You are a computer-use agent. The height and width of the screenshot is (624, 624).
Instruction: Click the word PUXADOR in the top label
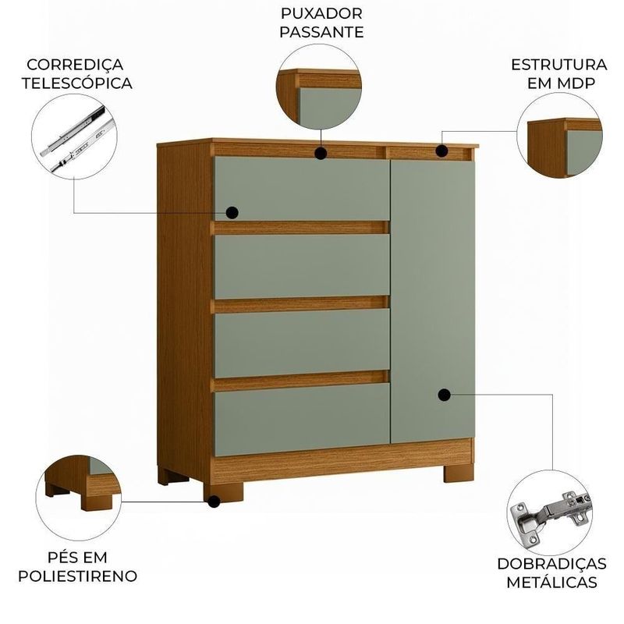[x=321, y=13]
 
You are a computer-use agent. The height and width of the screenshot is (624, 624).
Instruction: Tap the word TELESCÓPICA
[x=76, y=83]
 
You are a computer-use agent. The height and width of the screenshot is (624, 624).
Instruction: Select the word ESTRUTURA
[x=558, y=65]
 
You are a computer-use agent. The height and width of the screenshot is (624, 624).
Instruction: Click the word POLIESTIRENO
[x=77, y=576]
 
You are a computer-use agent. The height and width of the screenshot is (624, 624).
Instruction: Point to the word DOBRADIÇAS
[x=551, y=563]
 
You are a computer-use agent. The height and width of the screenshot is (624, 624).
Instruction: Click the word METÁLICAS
[x=551, y=582]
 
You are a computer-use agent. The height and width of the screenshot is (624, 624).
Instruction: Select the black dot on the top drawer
[x=232, y=213]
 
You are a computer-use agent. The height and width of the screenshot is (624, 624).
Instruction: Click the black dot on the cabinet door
[x=444, y=395]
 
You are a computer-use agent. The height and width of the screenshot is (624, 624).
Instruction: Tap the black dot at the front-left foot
[x=214, y=502]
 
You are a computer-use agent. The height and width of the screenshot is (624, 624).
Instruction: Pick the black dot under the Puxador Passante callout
[x=321, y=153]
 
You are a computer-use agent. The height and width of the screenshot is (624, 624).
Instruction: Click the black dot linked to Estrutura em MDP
[x=441, y=151]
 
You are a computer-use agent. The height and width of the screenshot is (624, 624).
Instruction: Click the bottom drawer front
[x=302, y=419]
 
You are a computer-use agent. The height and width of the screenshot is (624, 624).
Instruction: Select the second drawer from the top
[x=302, y=266]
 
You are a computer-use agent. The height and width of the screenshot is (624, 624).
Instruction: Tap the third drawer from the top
[x=302, y=342]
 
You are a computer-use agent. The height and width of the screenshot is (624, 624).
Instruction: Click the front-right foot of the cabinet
[x=459, y=473]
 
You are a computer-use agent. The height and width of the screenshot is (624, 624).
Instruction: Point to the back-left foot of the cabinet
[x=173, y=476]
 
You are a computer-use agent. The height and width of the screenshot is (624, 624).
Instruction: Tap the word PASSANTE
[x=321, y=32]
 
